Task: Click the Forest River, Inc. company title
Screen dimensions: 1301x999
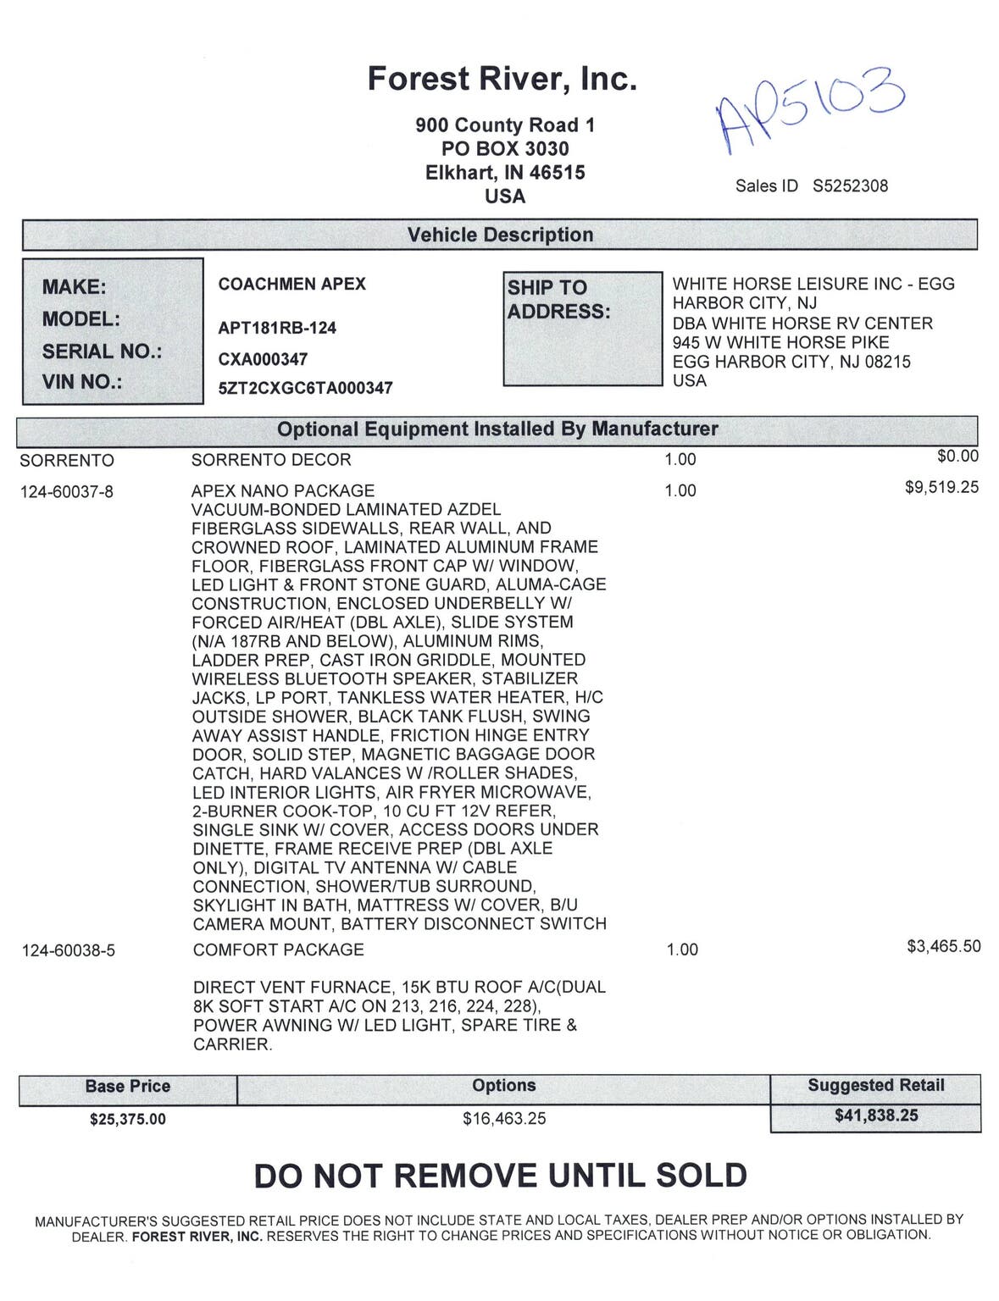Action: click(x=502, y=80)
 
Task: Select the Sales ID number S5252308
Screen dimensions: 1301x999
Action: click(x=850, y=186)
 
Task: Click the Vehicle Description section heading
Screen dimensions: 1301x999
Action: click(x=500, y=235)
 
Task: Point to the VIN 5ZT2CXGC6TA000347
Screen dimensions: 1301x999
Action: click(x=305, y=388)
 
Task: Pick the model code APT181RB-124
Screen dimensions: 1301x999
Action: click(x=277, y=328)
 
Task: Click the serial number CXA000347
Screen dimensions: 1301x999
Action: click(x=263, y=359)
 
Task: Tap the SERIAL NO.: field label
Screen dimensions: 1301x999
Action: click(x=102, y=352)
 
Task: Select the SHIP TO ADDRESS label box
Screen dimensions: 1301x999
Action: click(x=582, y=329)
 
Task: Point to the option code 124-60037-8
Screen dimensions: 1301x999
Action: click(x=67, y=491)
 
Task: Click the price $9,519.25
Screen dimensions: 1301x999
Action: click(x=941, y=487)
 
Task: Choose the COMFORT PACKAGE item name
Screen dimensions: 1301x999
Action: click(x=278, y=949)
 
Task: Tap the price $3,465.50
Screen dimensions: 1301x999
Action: click(x=943, y=946)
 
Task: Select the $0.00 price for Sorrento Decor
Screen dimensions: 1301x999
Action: click(x=957, y=457)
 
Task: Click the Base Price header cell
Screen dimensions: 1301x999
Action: click(x=128, y=1087)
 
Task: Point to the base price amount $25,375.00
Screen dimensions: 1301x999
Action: click(x=128, y=1119)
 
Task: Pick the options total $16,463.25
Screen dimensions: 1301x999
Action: click(x=504, y=1119)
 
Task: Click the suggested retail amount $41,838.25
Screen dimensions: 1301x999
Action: click(x=876, y=1116)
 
